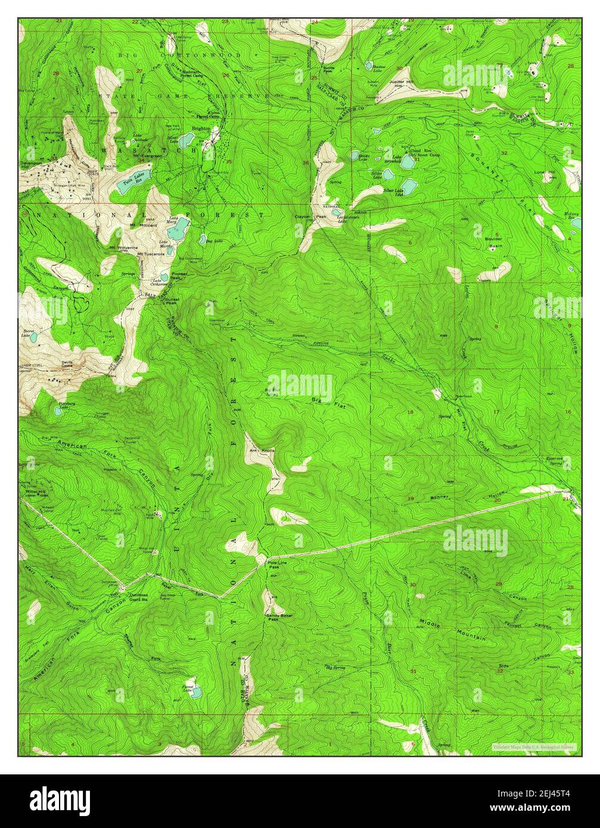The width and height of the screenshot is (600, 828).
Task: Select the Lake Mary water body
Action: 179,226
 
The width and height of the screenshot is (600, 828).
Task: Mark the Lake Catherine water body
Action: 164,278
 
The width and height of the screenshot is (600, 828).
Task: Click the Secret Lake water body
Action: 34,337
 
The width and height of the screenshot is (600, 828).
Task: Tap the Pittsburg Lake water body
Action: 58,411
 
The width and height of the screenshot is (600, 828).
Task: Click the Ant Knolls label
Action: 262,450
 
